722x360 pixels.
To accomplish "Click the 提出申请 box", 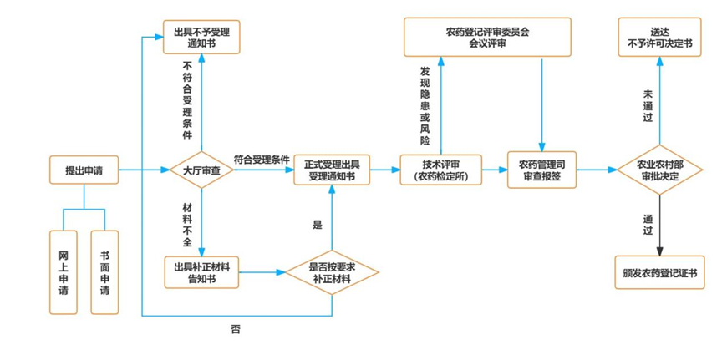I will point(84,170).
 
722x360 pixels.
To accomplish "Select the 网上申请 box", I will point(64,272).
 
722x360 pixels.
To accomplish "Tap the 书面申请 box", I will point(104,272).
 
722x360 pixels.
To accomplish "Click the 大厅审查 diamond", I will point(201,170).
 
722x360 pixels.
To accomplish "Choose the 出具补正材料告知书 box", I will point(201,272).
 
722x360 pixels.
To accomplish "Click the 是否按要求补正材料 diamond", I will point(331,272).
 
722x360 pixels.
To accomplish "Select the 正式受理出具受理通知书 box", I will point(331,170).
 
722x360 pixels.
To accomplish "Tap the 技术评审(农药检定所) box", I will point(440,170).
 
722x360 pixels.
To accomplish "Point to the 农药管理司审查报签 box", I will point(541,170).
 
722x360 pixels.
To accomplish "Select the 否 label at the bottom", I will point(236,329).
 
